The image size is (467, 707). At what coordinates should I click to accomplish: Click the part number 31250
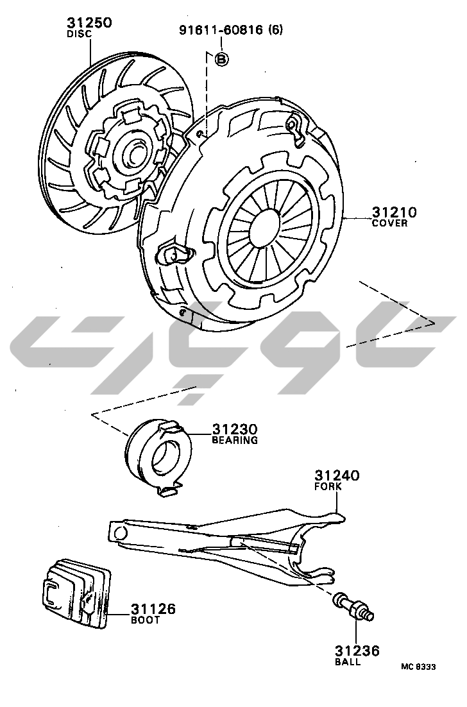coord(89,23)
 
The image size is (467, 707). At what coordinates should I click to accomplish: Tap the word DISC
coord(80,34)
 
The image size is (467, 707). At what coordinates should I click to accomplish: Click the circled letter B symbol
coord(221,59)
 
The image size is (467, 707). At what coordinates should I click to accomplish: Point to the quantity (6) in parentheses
coord(275,30)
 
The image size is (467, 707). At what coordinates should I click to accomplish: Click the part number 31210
coord(394,212)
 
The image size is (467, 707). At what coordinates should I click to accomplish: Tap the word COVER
coord(389,223)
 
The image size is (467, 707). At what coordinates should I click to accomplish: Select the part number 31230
coord(235,429)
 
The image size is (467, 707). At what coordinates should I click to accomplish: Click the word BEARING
coord(235,440)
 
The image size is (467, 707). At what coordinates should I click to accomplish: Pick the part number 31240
coord(336,475)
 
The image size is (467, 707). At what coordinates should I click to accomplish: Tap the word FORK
coord(327,486)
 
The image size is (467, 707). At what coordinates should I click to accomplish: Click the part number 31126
coord(153,609)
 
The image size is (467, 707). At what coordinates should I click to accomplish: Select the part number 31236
coord(357,651)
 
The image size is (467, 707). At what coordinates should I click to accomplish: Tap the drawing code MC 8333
coord(418,667)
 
